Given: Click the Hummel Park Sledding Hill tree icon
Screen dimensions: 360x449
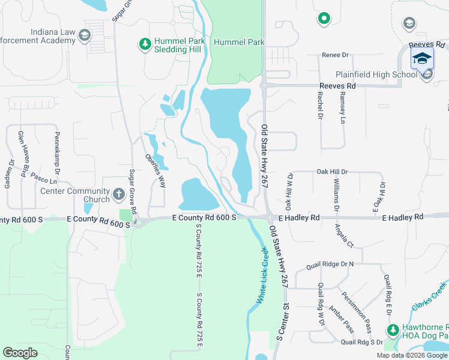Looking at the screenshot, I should (144, 44).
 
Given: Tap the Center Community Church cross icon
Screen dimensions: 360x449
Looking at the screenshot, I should (118, 195).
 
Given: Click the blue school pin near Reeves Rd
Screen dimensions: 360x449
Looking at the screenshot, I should (422, 58).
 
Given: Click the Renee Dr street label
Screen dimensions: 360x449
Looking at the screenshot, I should (336, 55).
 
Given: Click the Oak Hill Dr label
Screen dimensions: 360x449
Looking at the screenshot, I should (332, 172).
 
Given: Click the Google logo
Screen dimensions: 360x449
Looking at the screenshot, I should (20, 353).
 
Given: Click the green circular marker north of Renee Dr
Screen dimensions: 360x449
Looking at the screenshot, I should (324, 19).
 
